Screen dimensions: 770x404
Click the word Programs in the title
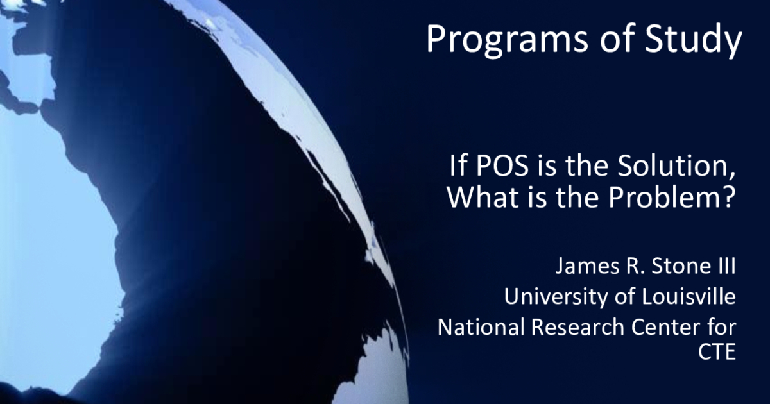click(x=508, y=39)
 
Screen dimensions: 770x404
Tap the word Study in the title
click(x=694, y=39)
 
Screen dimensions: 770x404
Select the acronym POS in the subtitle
click(x=502, y=165)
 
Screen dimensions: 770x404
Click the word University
click(x=556, y=297)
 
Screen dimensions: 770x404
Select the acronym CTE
click(x=717, y=351)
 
